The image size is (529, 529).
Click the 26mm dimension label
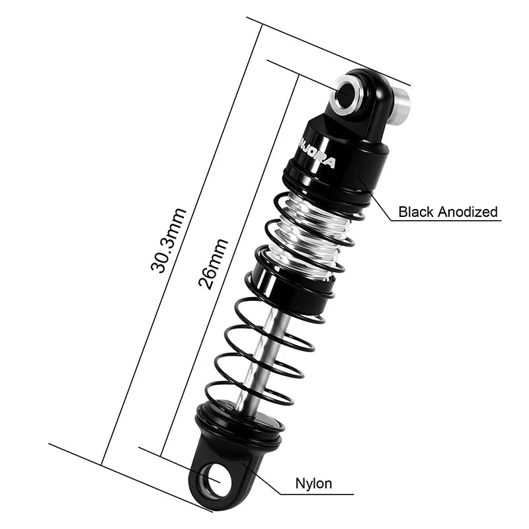point(215,264)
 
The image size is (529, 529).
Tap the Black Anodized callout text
point(448,212)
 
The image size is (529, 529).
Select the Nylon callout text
point(314,483)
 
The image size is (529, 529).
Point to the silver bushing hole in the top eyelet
point(345,93)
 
